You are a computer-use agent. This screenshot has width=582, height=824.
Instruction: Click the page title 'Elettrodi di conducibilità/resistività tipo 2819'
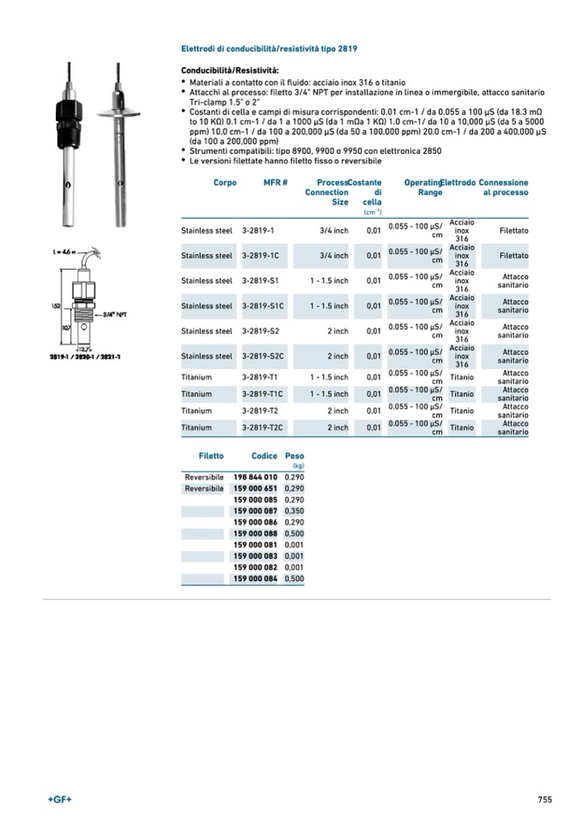(x=270, y=49)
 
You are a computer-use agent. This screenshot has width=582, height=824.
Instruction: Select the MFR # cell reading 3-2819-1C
(x=261, y=256)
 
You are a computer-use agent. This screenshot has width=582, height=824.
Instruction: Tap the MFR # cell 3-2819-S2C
(x=264, y=356)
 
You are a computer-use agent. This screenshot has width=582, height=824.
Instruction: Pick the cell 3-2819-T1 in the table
(x=259, y=377)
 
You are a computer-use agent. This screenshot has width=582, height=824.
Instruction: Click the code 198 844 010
(x=255, y=476)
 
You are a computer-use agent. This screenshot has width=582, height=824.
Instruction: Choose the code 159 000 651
(x=255, y=488)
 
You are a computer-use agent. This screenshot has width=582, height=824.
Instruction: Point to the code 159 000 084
(x=255, y=579)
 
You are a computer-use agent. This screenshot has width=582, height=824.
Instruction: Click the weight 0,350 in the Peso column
(x=294, y=511)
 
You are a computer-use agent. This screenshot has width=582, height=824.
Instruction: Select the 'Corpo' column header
(x=225, y=183)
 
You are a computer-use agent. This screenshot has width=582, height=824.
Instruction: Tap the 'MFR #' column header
(x=276, y=183)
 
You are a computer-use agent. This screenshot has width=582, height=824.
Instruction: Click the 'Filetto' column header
(x=211, y=456)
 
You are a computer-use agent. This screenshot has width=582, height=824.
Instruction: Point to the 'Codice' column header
(x=264, y=456)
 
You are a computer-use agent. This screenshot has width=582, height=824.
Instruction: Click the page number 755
(x=545, y=799)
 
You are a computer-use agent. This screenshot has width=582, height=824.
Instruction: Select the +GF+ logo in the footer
(x=59, y=799)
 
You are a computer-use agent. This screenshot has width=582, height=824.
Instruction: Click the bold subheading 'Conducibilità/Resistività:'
(x=229, y=70)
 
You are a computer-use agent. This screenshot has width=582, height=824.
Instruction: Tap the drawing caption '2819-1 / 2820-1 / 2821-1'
(x=85, y=356)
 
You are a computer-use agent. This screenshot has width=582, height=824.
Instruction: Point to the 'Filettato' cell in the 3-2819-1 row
(x=514, y=231)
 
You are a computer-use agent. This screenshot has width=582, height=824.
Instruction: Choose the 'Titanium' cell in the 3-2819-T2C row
(x=197, y=427)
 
